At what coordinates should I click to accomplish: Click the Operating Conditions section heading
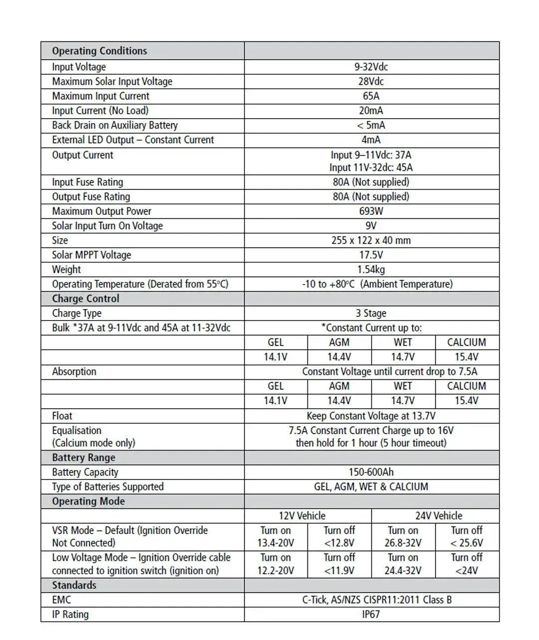(x=99, y=51)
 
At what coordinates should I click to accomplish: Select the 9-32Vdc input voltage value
(x=371, y=67)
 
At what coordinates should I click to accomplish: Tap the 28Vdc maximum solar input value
(x=371, y=81)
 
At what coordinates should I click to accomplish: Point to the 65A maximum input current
(x=371, y=96)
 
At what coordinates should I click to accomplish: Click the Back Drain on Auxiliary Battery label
(x=115, y=125)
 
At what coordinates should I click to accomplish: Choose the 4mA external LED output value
(x=371, y=140)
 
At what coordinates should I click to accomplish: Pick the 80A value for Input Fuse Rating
(x=371, y=182)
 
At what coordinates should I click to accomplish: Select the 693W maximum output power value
(x=371, y=211)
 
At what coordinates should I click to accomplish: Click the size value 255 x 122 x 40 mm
(x=371, y=240)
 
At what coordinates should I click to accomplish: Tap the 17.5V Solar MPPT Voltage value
(x=371, y=255)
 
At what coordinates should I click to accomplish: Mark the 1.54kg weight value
(x=371, y=269)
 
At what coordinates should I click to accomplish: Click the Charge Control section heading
(x=85, y=299)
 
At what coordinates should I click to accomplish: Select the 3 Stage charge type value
(x=371, y=313)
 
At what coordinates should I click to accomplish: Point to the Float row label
(x=62, y=416)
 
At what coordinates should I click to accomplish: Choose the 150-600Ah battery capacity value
(x=371, y=472)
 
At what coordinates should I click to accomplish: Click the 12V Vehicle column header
(x=302, y=516)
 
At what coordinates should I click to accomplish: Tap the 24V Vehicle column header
(x=439, y=516)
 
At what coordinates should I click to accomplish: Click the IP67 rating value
(x=371, y=614)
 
